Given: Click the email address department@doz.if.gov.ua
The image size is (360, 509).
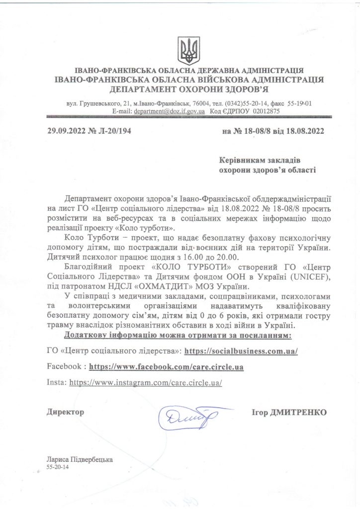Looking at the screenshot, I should point(169,112).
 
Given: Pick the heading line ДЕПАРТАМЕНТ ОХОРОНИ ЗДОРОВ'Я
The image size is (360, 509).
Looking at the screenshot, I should point(189,89).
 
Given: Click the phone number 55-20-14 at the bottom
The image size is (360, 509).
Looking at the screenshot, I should point(59,468).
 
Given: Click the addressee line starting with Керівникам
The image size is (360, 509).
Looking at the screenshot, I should point(260,161).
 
